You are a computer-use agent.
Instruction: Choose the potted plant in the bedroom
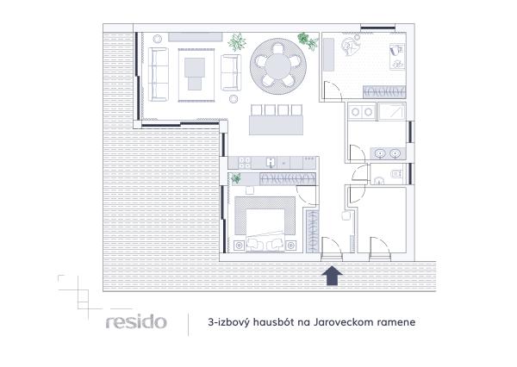point(236,177)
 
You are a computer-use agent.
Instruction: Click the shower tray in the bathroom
point(392,112)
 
